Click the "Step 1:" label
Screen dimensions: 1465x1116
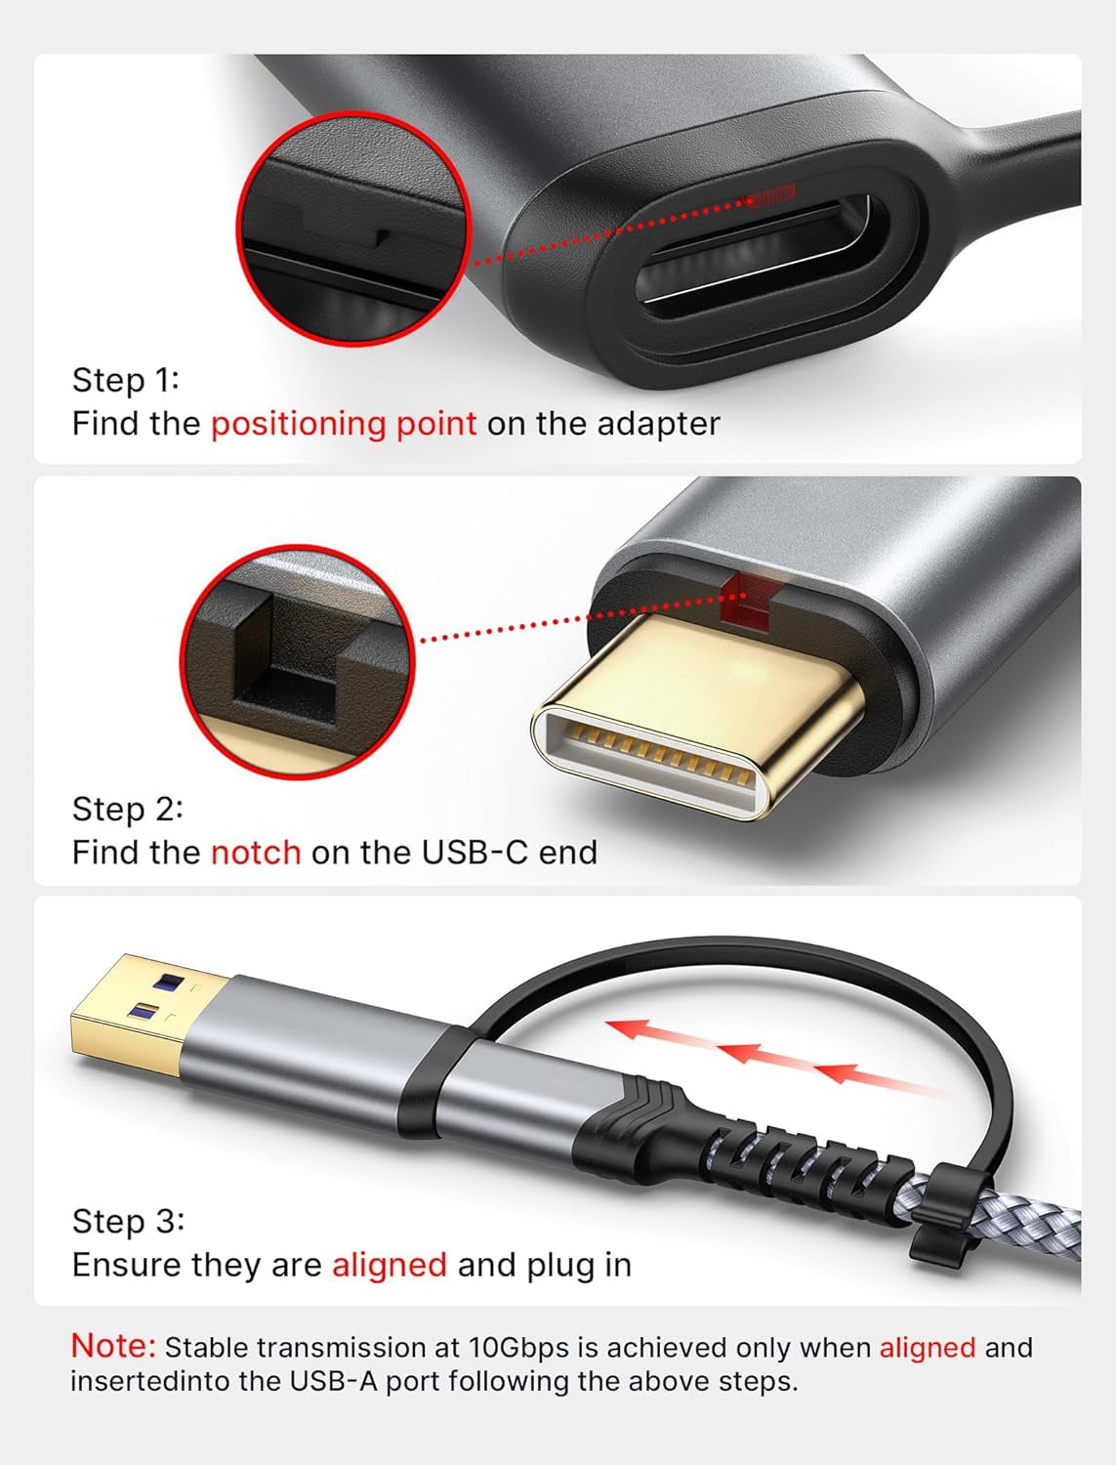coord(126,379)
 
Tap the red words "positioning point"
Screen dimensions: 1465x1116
coord(344,423)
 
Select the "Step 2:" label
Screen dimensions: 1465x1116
coord(127,809)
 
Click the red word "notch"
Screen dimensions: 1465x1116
coord(256,852)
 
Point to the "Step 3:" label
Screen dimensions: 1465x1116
coord(128,1221)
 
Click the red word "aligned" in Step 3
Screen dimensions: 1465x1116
coord(390,1264)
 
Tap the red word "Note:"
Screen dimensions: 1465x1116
coord(113,1345)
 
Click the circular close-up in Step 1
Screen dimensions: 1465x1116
coord(354,229)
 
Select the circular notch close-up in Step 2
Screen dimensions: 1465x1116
coord(299,661)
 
